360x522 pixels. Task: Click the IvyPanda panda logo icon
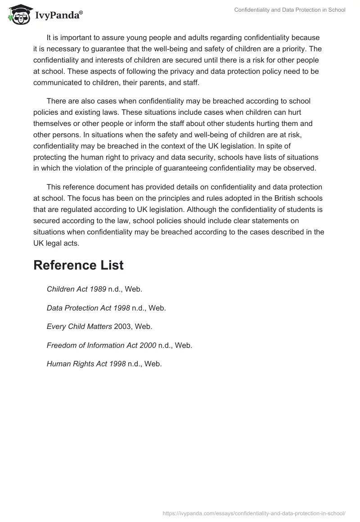coord(18,14)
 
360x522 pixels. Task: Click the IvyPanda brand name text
coord(58,16)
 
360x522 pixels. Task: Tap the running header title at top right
coord(290,10)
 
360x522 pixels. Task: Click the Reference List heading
coord(78,265)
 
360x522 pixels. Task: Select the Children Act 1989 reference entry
coord(94,289)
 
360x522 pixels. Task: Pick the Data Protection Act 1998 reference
coord(106,308)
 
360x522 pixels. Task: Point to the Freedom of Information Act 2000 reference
coord(119,346)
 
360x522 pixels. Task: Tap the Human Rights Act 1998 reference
coord(104,364)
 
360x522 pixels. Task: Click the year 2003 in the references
coord(122,327)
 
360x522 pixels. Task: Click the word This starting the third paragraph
coord(54,186)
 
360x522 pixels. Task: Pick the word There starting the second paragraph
coord(57,100)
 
